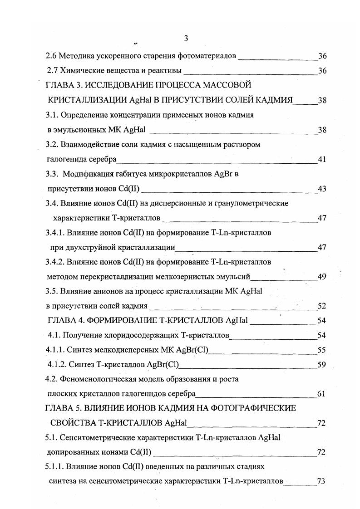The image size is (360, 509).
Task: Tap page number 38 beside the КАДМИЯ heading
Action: (x=322, y=101)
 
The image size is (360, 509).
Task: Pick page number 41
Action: (x=322, y=159)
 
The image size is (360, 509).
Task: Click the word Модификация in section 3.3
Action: (x=86, y=174)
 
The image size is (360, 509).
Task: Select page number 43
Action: (x=322, y=189)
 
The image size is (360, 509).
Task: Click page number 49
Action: (x=322, y=277)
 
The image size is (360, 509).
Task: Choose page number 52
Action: (x=322, y=306)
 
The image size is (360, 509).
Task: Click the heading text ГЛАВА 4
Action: (x=67, y=321)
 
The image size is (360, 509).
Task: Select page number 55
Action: (x=322, y=350)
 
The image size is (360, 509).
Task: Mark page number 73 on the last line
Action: (x=322, y=482)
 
